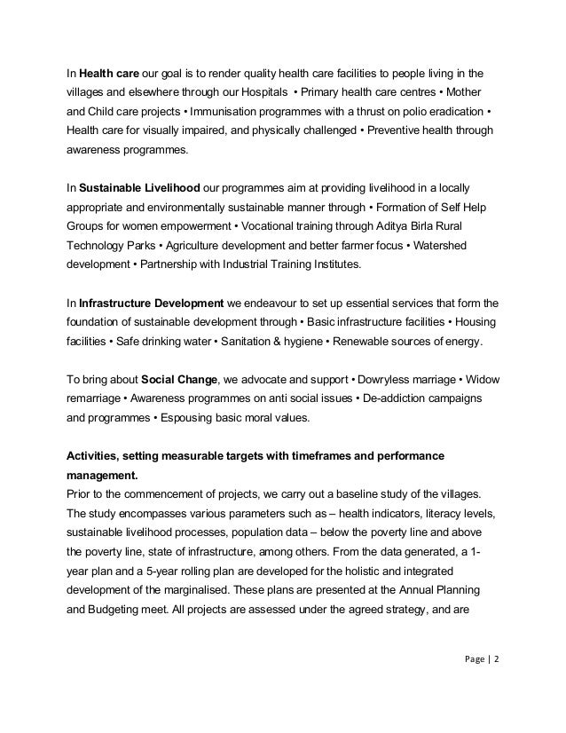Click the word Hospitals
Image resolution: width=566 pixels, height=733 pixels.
[263, 91]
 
